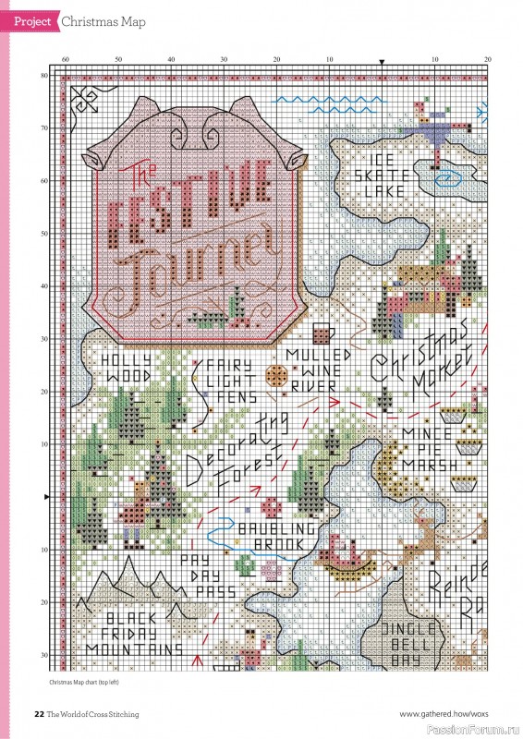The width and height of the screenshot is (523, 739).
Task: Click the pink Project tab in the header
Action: (x=30, y=20)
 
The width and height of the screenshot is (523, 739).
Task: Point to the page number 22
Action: (x=39, y=713)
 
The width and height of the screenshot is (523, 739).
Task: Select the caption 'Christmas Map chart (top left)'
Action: (x=85, y=683)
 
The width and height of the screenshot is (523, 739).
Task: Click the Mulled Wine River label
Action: (x=319, y=370)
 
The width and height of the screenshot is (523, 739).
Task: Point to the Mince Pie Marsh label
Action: (x=428, y=448)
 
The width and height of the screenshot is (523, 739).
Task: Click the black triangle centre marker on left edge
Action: (x=47, y=497)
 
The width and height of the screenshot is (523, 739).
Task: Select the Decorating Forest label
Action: (x=236, y=457)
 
